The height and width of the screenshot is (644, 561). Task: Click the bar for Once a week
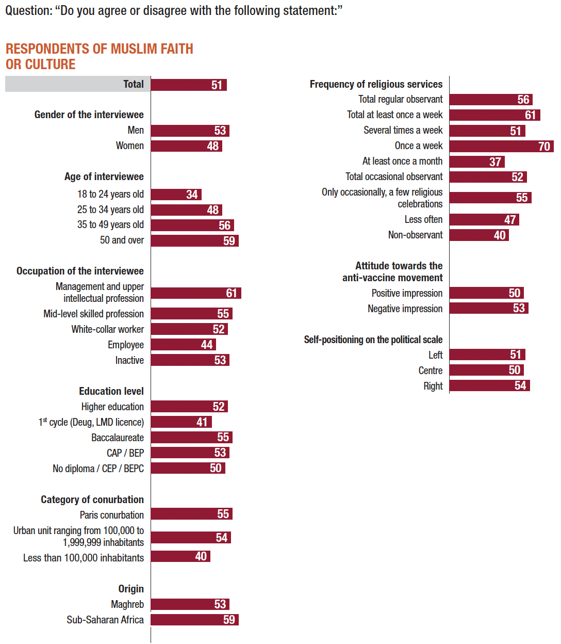pyautogui.click(x=501, y=146)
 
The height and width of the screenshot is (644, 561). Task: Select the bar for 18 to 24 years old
pyautogui.click(x=176, y=195)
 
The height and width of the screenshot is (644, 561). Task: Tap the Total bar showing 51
pyautogui.click(x=189, y=85)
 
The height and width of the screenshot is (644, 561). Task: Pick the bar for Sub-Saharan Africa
pyautogui.click(x=194, y=620)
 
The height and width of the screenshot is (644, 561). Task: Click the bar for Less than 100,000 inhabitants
pyautogui.click(x=180, y=556)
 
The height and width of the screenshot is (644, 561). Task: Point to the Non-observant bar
pyautogui.click(x=479, y=235)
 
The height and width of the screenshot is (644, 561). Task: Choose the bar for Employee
pyautogui.click(x=183, y=345)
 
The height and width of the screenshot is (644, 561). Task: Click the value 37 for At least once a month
pyautogui.click(x=495, y=162)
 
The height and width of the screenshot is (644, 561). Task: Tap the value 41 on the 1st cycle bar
pyautogui.click(x=202, y=422)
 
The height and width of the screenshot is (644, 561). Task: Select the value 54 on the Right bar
pyautogui.click(x=520, y=385)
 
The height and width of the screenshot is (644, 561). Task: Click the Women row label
pyautogui.click(x=129, y=146)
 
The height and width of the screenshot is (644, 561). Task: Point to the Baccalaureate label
pyautogui.click(x=118, y=438)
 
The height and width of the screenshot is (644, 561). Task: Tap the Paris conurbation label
pyautogui.click(x=112, y=515)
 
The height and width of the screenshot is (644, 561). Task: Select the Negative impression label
pyautogui.click(x=405, y=309)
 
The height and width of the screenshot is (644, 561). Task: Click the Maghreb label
pyautogui.click(x=127, y=604)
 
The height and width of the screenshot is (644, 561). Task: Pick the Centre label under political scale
pyautogui.click(x=431, y=371)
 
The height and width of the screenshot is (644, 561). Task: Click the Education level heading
pyautogui.click(x=111, y=391)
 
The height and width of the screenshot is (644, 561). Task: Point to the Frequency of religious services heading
pyautogui.click(x=376, y=84)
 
